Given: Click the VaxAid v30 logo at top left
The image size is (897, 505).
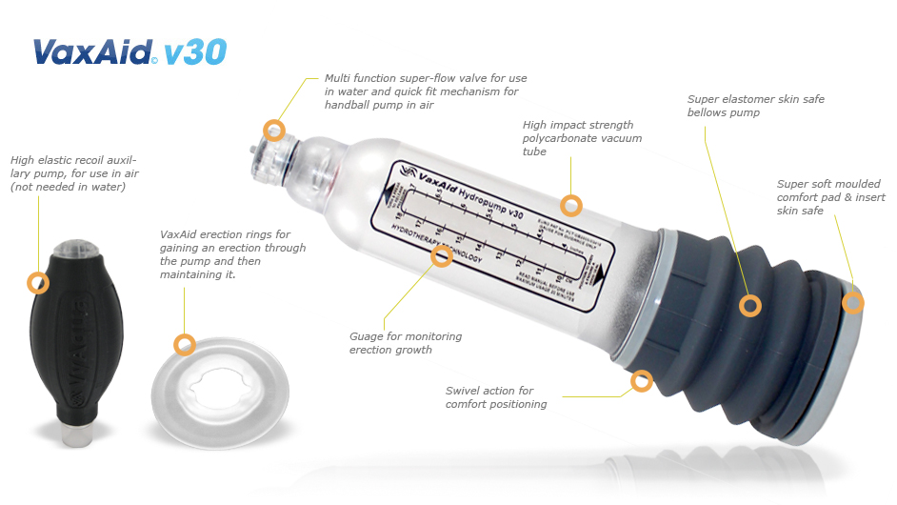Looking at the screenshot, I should click(130, 50).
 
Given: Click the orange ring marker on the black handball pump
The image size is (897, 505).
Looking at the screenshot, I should click(38, 282).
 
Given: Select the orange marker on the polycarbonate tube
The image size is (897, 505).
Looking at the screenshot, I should click(570, 205).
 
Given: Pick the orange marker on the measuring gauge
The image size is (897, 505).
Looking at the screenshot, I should click(442, 255).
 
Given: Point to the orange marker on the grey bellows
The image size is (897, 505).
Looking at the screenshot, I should click(750, 305).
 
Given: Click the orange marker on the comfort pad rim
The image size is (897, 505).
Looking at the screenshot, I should click(853, 303).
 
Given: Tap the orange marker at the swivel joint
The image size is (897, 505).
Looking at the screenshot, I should click(642, 382).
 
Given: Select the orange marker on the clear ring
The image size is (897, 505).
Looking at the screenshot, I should click(185, 344).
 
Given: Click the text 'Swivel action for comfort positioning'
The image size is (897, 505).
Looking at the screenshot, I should click(496, 397).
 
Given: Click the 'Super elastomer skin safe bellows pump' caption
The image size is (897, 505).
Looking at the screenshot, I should click(755, 106).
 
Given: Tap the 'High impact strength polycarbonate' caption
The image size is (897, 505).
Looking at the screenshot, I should click(582, 138).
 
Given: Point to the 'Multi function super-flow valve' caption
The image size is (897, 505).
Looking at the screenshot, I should click(425, 91).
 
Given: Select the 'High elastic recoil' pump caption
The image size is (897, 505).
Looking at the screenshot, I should click(72, 173).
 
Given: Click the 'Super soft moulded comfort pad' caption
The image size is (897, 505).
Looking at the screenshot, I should click(830, 197).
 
